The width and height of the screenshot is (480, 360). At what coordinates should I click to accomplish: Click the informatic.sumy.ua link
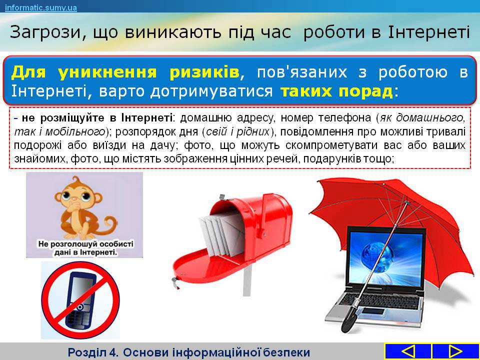tap(41, 7)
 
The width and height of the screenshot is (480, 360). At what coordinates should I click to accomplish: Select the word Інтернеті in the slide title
tap(428, 32)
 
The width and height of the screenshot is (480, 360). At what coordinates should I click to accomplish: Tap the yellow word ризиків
tap(204, 72)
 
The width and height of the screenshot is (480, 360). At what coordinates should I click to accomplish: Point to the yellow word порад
tap(366, 91)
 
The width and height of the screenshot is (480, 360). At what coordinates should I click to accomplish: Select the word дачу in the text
tap(162, 145)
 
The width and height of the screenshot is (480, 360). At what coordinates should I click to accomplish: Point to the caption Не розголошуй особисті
tap(86, 244)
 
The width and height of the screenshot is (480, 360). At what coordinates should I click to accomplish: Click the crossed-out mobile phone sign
tap(80, 300)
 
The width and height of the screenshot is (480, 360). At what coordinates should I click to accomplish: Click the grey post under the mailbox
tap(246, 280)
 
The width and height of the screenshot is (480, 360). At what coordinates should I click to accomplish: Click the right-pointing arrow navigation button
tap(454, 351)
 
